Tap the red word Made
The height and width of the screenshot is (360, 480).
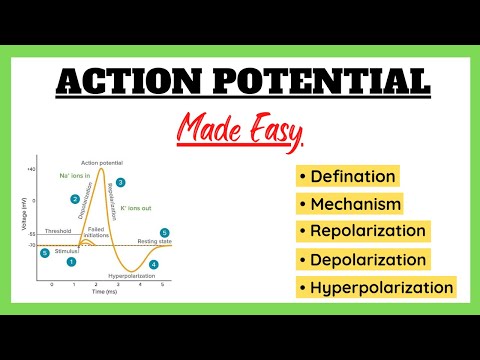pos(216,128)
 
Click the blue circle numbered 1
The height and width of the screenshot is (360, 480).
pos(71,262)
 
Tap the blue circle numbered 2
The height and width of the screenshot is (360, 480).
pos(75,199)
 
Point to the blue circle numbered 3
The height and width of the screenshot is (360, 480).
pos(121,183)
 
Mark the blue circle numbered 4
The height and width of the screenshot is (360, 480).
pos(153,265)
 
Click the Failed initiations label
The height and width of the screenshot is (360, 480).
pos(97,232)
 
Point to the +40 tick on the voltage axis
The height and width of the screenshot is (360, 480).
pos(32,170)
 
